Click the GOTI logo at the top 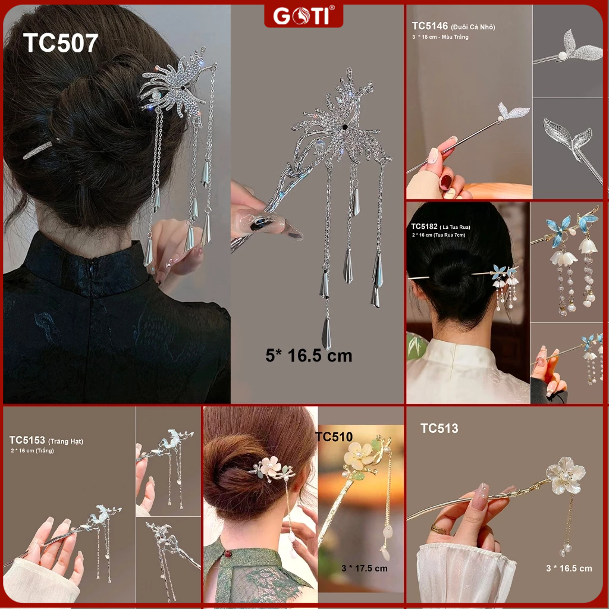point(303,15)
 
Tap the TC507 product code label point(60,43)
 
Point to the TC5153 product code point(27,440)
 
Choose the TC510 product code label point(334,437)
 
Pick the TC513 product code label point(439,428)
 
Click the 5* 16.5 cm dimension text point(309,356)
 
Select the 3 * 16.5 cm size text point(569,568)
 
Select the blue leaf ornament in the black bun point(504,272)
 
